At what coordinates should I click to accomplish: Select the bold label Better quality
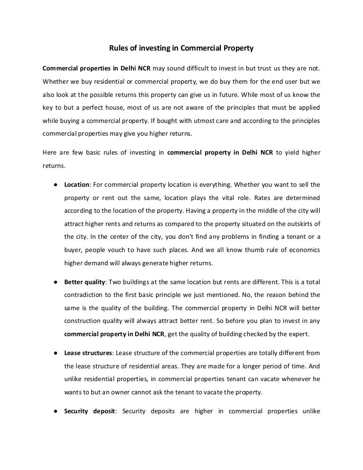pyautogui.click(x=84, y=282)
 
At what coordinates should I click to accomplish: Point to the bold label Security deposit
pyautogui.click(x=89, y=411)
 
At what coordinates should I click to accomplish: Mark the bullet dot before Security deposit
pyautogui.click(x=56, y=411)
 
